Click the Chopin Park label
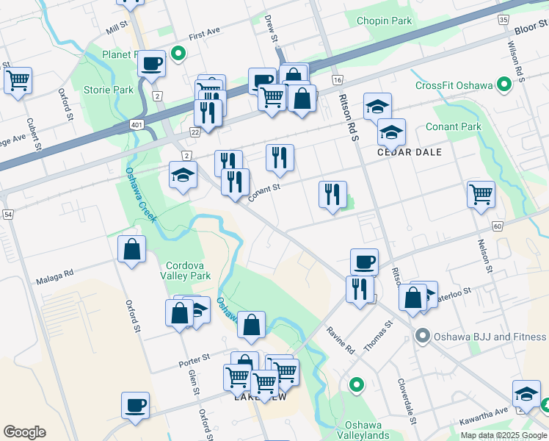tap(384, 21)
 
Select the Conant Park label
tap(454, 127)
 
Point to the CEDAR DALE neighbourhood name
tap(410, 152)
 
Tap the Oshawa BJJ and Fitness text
tap(490, 337)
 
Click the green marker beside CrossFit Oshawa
tap(504, 85)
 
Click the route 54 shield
tap(8, 214)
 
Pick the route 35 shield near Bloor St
tap(503, 20)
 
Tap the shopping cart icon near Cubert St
tap(18, 80)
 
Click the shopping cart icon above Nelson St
tap(481, 195)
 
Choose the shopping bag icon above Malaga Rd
tap(131, 249)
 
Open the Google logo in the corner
tap(24, 432)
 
